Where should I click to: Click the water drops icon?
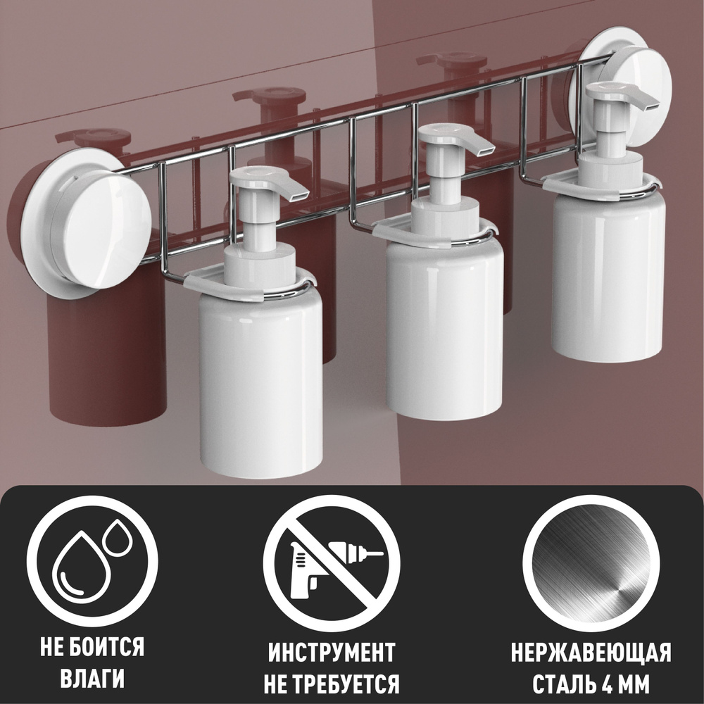(x=92, y=560)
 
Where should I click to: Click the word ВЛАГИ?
(x=92, y=679)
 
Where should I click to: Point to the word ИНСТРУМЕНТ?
(x=332, y=652)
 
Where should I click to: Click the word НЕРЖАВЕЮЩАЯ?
(x=591, y=652)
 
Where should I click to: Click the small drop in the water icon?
(x=118, y=538)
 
